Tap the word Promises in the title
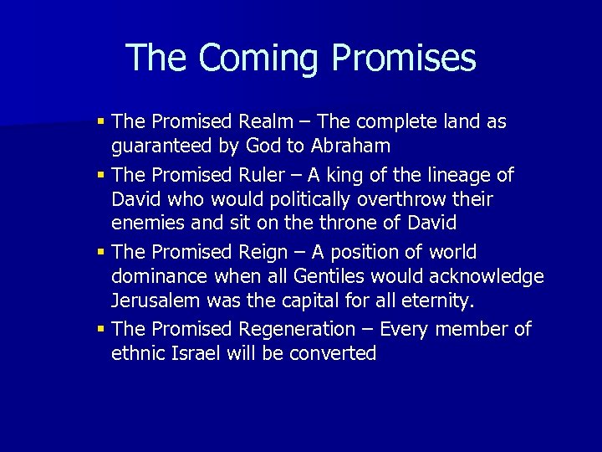coord(404,59)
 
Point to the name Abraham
coord(349,146)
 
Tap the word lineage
coord(465,176)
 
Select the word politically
coord(310,200)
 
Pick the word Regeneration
coord(297,329)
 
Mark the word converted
coord(333,353)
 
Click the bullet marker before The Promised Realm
coord(101,122)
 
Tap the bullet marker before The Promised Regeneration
coord(101,329)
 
